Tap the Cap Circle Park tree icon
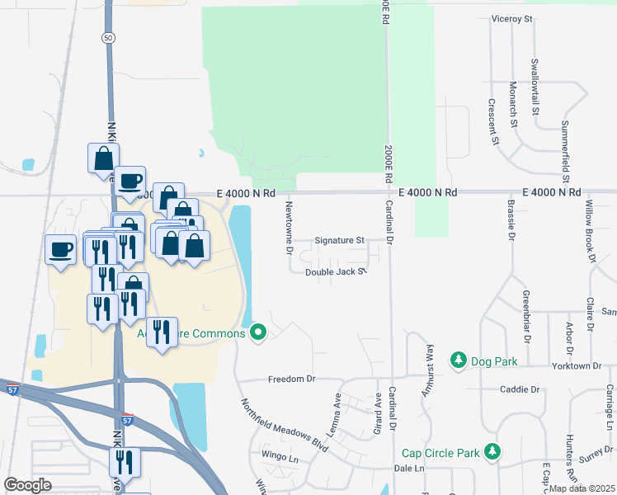[492, 452]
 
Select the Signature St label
[339, 241]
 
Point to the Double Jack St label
[335, 272]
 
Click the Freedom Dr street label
[292, 379]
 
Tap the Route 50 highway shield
[108, 38]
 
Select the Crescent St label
[492, 121]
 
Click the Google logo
[27, 484]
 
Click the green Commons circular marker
[259, 333]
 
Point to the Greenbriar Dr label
[525, 316]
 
